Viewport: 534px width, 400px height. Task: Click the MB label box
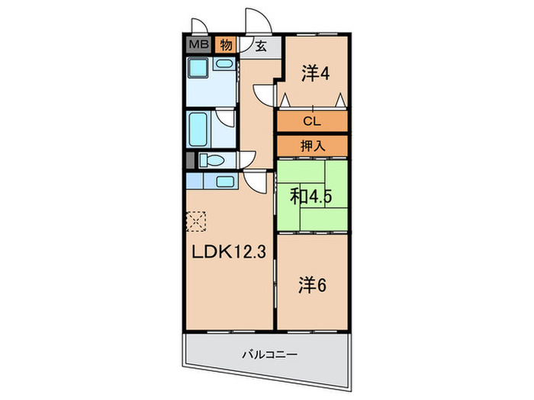pyautogui.click(x=198, y=44)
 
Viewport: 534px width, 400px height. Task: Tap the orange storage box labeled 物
pyautogui.click(x=227, y=44)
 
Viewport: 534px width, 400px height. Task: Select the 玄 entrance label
pyautogui.click(x=260, y=46)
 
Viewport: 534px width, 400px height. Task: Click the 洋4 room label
pyautogui.click(x=314, y=74)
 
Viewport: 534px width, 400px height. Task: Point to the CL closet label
pyautogui.click(x=312, y=121)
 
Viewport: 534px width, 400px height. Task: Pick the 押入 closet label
pyautogui.click(x=312, y=145)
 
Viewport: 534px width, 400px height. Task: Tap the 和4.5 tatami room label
pyautogui.click(x=310, y=197)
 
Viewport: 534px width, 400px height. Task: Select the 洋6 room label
pyautogui.click(x=311, y=285)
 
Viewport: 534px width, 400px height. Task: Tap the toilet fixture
pyautogui.click(x=214, y=161)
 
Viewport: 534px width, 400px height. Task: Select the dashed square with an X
pyautogui.click(x=196, y=222)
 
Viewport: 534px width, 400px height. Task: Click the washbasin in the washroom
pyautogui.click(x=224, y=65)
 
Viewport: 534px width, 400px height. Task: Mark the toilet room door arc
pyautogui.click(x=245, y=159)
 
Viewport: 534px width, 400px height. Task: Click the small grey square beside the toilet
pyautogui.click(x=190, y=161)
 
